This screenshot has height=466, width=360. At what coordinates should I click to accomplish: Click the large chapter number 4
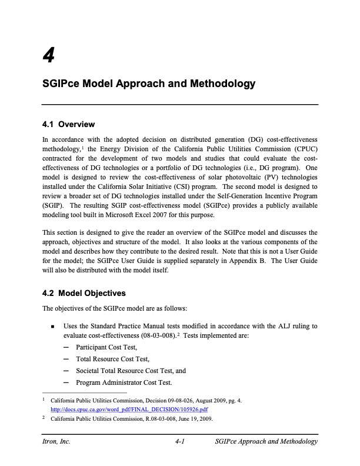click(x=49, y=55)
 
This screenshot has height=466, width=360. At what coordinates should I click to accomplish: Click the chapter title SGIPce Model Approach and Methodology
click(x=149, y=84)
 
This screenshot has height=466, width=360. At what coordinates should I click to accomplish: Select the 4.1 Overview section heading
click(x=69, y=124)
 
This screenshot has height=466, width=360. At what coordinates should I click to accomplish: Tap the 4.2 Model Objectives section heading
click(x=84, y=293)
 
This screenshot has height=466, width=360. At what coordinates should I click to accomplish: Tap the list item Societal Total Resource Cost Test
click(x=131, y=371)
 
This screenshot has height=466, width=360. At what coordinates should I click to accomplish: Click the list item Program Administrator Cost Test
click(x=124, y=382)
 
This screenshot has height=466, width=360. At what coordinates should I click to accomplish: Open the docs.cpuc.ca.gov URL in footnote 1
click(x=129, y=409)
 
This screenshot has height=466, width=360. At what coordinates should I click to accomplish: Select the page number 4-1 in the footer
click(x=180, y=442)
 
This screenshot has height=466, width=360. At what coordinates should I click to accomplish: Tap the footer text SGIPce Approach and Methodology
click(x=266, y=442)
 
